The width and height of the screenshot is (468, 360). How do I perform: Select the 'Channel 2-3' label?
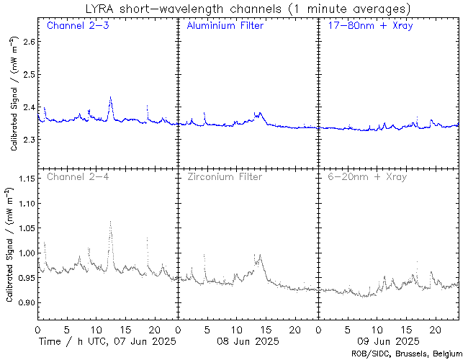72,26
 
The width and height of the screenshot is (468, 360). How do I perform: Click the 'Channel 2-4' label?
72,176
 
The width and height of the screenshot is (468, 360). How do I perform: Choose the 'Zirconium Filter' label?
224,176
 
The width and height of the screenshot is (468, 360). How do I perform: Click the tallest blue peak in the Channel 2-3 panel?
110,97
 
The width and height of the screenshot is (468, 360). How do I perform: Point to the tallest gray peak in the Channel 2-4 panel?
110,222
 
